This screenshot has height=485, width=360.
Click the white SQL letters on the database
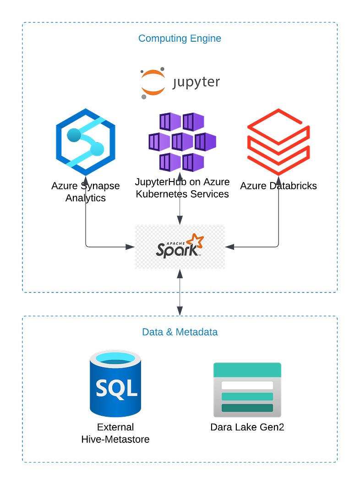[116, 389]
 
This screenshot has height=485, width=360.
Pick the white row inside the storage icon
[247, 386]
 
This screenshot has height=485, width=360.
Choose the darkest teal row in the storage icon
[247, 408]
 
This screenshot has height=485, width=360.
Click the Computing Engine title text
[180, 39]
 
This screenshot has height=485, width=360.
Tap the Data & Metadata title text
[180, 332]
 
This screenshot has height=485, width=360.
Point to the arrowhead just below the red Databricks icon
[278, 182]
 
